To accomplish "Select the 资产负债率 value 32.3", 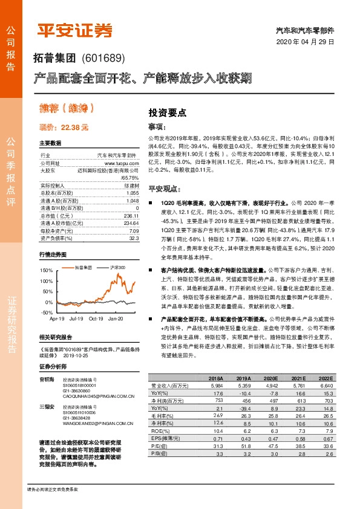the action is (133, 238).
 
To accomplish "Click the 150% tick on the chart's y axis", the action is (46, 270).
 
